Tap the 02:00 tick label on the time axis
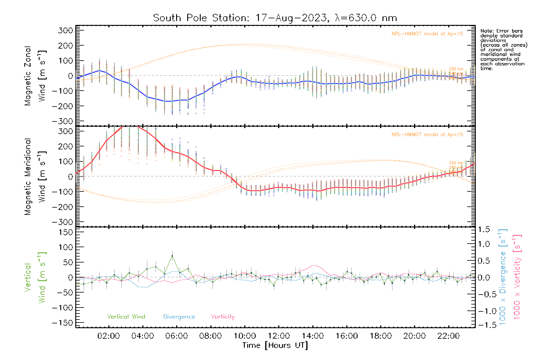click(109, 336)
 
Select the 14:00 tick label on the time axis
click(313, 336)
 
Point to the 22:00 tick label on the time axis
click(448, 336)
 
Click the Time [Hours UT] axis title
click(275, 345)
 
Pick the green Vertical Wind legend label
click(126, 317)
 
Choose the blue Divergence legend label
click(179, 317)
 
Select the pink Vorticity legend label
click(223, 317)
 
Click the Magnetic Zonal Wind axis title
click(35, 76)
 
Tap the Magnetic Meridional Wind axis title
click(35, 176)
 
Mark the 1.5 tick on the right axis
click(484, 229)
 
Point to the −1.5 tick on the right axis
click(484, 325)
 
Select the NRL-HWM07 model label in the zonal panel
click(427, 34)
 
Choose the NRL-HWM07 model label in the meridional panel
click(427, 135)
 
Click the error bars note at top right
click(503, 49)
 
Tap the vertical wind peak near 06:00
click(172, 256)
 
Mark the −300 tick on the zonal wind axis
click(62, 121)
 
